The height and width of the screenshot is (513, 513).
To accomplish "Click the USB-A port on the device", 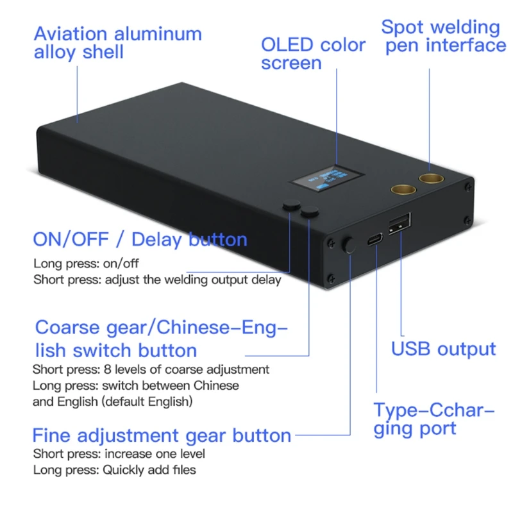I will [399, 227].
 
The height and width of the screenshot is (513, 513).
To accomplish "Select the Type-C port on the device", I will [374, 240].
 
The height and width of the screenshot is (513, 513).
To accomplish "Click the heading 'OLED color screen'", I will [312, 54].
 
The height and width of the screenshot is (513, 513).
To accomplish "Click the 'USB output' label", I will [444, 349].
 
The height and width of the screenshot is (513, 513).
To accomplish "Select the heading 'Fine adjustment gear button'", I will [162, 436].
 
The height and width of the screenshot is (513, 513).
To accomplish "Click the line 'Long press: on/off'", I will [86, 264].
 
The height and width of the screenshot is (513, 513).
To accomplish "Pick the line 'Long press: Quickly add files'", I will [115, 470].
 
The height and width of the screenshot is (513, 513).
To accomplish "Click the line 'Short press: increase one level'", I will [119, 454].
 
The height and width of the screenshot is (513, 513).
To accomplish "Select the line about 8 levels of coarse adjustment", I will [151, 369].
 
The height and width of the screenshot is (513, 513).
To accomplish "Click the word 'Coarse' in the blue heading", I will [66, 328].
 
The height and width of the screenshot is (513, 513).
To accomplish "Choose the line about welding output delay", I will [157, 280].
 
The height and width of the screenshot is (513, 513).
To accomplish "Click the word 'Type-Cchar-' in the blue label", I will [435, 410].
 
